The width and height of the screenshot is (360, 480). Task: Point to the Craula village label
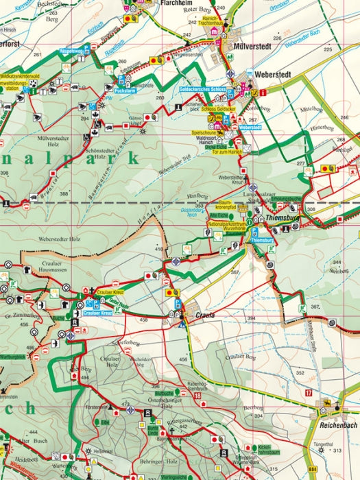click(x=205, y=315)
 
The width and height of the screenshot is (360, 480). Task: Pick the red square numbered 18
click(x=197, y=396)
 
